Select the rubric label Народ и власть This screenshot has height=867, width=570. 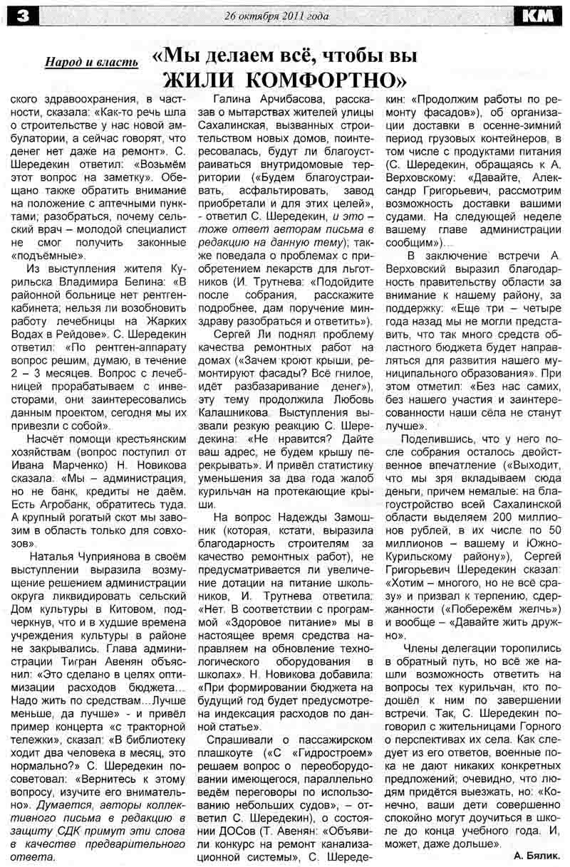(92, 63)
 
